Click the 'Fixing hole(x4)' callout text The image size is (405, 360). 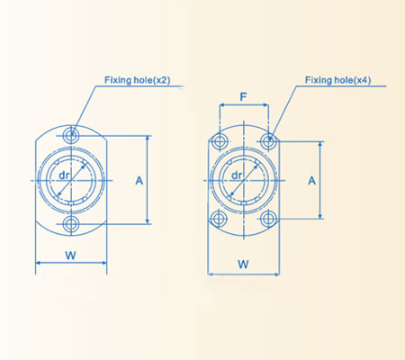[341, 80]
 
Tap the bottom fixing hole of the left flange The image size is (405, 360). [71, 222]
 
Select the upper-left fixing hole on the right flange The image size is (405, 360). [219, 140]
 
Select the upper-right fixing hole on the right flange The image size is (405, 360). [267, 140]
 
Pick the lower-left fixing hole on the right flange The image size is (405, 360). [219, 219]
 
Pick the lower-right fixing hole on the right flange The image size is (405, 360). [267, 219]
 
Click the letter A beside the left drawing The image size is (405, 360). [139, 180]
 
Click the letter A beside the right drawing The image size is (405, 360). [311, 180]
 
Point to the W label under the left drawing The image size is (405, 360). [70, 255]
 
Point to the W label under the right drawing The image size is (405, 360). [242, 264]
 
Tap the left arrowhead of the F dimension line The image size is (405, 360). [221, 105]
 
